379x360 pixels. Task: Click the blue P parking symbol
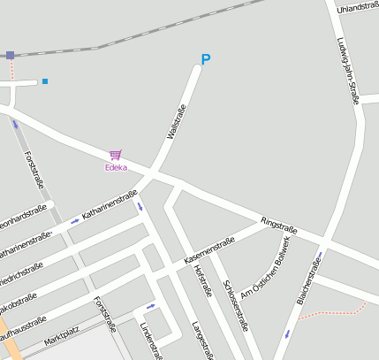tap(206, 60)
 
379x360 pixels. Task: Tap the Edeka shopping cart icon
tap(115, 155)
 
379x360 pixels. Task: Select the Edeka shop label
tap(116, 167)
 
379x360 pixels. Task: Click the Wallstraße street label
tap(177, 123)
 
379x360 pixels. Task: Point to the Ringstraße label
tap(278, 226)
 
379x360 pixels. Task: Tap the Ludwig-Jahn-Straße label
tap(346, 70)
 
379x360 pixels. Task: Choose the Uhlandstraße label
tap(358, 6)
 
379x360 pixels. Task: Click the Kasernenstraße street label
tap(208, 251)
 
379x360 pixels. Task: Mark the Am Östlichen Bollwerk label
tap(264, 268)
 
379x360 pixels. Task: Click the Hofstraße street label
tap(203, 280)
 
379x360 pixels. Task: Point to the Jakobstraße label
tap(17, 300)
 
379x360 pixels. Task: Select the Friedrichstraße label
tap(19, 268)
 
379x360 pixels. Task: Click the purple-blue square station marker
tap(10, 55)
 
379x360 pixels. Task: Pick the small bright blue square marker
tap(45, 81)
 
